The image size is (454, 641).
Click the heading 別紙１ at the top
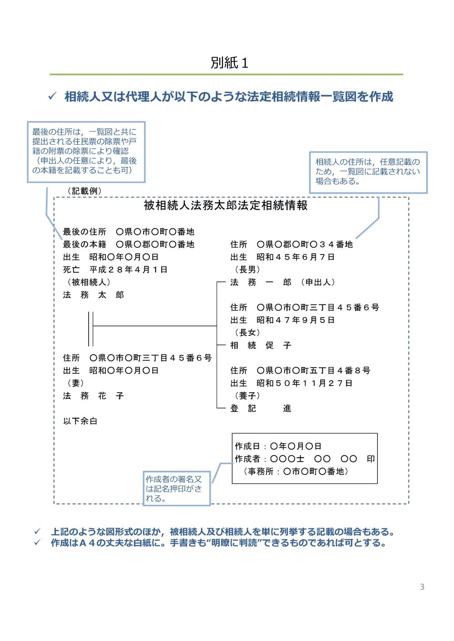click(x=229, y=63)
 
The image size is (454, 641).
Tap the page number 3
click(x=422, y=587)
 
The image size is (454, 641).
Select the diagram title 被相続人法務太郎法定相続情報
click(x=226, y=206)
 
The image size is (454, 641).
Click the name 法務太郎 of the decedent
click(x=93, y=295)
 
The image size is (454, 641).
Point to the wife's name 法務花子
click(x=93, y=396)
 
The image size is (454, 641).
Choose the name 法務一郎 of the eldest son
click(x=261, y=282)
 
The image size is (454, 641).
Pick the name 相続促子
click(x=261, y=345)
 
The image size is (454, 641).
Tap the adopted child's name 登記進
click(x=261, y=408)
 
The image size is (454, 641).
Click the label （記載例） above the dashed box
click(x=84, y=191)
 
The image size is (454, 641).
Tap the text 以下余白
click(x=80, y=421)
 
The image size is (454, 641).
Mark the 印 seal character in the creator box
click(x=371, y=459)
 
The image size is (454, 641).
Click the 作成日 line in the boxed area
click(x=278, y=446)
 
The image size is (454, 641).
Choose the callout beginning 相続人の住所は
click(x=368, y=171)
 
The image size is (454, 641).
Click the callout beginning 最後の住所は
click(x=86, y=152)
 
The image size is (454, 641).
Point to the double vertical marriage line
click(x=91, y=329)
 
